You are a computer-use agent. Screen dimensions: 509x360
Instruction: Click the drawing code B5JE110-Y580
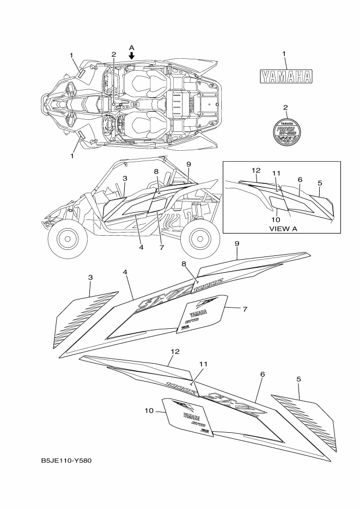click(66, 461)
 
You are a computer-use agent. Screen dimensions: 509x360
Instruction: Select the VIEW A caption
click(283, 229)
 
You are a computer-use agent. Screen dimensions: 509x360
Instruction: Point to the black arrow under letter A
click(131, 56)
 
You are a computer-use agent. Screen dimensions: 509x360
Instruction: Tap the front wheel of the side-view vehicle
click(66, 237)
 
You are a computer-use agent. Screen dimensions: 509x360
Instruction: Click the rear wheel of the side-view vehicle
click(198, 237)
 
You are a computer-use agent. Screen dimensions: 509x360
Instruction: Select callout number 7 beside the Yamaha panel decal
click(245, 309)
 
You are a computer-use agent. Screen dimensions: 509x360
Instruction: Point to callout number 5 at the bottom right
click(298, 378)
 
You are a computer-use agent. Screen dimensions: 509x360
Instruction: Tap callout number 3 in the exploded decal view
click(90, 278)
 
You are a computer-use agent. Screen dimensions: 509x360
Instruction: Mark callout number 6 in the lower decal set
click(263, 375)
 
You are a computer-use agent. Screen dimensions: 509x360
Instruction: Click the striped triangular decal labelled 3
click(82, 321)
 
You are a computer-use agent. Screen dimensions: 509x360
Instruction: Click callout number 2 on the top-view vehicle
click(113, 54)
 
